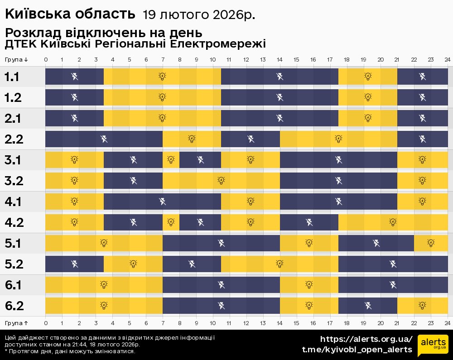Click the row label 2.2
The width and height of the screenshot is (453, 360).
click(x=14, y=139)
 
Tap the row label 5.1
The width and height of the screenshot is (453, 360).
click(x=14, y=244)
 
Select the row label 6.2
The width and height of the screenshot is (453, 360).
click(x=14, y=306)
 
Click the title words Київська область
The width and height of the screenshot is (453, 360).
click(x=70, y=14)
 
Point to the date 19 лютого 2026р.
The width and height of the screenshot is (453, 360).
click(x=199, y=15)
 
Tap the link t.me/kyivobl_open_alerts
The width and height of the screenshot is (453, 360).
click(x=357, y=350)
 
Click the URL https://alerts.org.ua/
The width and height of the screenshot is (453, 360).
click(x=366, y=339)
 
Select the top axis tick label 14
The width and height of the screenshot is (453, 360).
click(x=280, y=60)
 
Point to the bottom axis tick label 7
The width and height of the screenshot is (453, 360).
click(x=163, y=322)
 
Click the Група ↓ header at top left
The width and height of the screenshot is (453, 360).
click(x=17, y=60)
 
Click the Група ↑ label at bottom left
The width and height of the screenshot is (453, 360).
click(x=17, y=322)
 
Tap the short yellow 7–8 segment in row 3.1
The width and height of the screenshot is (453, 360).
click(x=171, y=160)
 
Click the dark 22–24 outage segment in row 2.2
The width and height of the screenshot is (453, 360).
click(x=422, y=139)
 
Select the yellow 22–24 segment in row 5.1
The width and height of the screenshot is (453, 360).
click(x=431, y=243)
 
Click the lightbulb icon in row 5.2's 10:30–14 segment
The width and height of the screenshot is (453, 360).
click(x=280, y=264)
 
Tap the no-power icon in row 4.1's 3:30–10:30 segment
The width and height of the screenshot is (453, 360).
click(x=162, y=202)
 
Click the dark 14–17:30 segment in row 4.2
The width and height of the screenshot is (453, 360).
click(x=309, y=222)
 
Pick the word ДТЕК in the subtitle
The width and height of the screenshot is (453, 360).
click(x=20, y=44)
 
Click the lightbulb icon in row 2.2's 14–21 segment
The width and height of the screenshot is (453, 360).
click(x=338, y=139)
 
